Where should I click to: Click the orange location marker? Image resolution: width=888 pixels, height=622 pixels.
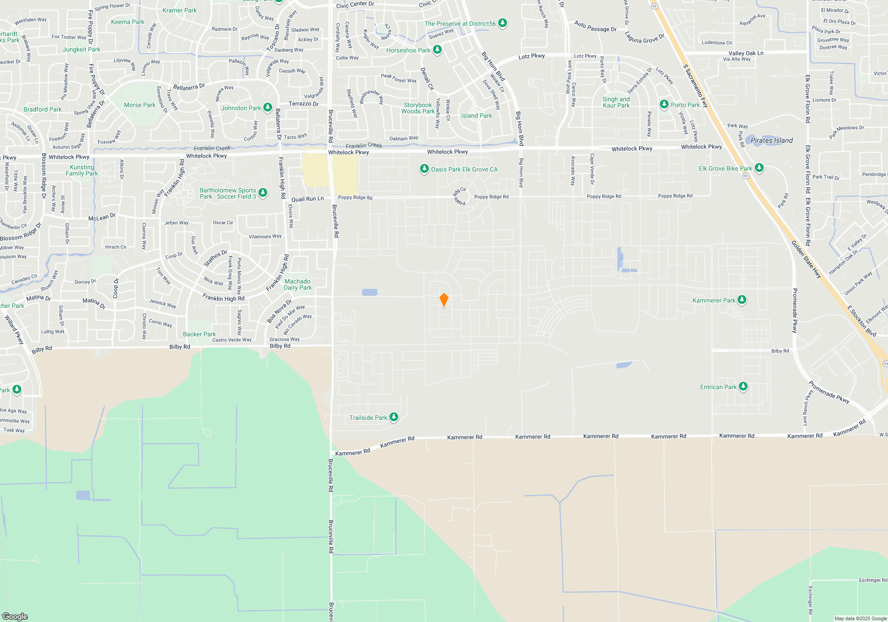[444, 299]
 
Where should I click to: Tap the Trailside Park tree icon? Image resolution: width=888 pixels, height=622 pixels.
[394, 417]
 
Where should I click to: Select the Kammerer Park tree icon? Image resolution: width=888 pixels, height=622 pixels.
[741, 300]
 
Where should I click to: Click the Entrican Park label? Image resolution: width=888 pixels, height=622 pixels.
[718, 387]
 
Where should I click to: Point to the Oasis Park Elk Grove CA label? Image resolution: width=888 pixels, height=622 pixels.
[464, 169]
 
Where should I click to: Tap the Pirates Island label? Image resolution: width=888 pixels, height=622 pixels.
[772, 140]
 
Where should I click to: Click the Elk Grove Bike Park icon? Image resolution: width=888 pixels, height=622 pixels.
[759, 167]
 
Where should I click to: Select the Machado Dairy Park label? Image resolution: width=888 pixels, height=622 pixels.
[297, 284]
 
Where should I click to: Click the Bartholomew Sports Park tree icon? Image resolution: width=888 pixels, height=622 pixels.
[263, 192]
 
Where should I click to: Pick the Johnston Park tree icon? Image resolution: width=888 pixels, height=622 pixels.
[267, 107]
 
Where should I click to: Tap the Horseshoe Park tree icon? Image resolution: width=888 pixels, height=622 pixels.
[437, 49]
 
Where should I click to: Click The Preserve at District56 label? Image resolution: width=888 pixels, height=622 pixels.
[460, 24]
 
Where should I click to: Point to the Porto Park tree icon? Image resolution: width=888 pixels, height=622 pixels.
[664, 104]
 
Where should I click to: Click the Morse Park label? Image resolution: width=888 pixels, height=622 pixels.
[139, 105]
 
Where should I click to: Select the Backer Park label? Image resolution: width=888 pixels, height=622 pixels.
[199, 334]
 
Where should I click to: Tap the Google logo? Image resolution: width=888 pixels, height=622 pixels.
[15, 616]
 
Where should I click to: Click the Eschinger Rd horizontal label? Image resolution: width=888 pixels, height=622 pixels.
[872, 580]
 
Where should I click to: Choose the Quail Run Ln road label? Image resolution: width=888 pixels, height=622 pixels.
[307, 199]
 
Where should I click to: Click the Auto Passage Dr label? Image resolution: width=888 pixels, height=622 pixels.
[595, 27]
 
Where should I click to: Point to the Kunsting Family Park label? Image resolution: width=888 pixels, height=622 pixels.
[82, 170]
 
